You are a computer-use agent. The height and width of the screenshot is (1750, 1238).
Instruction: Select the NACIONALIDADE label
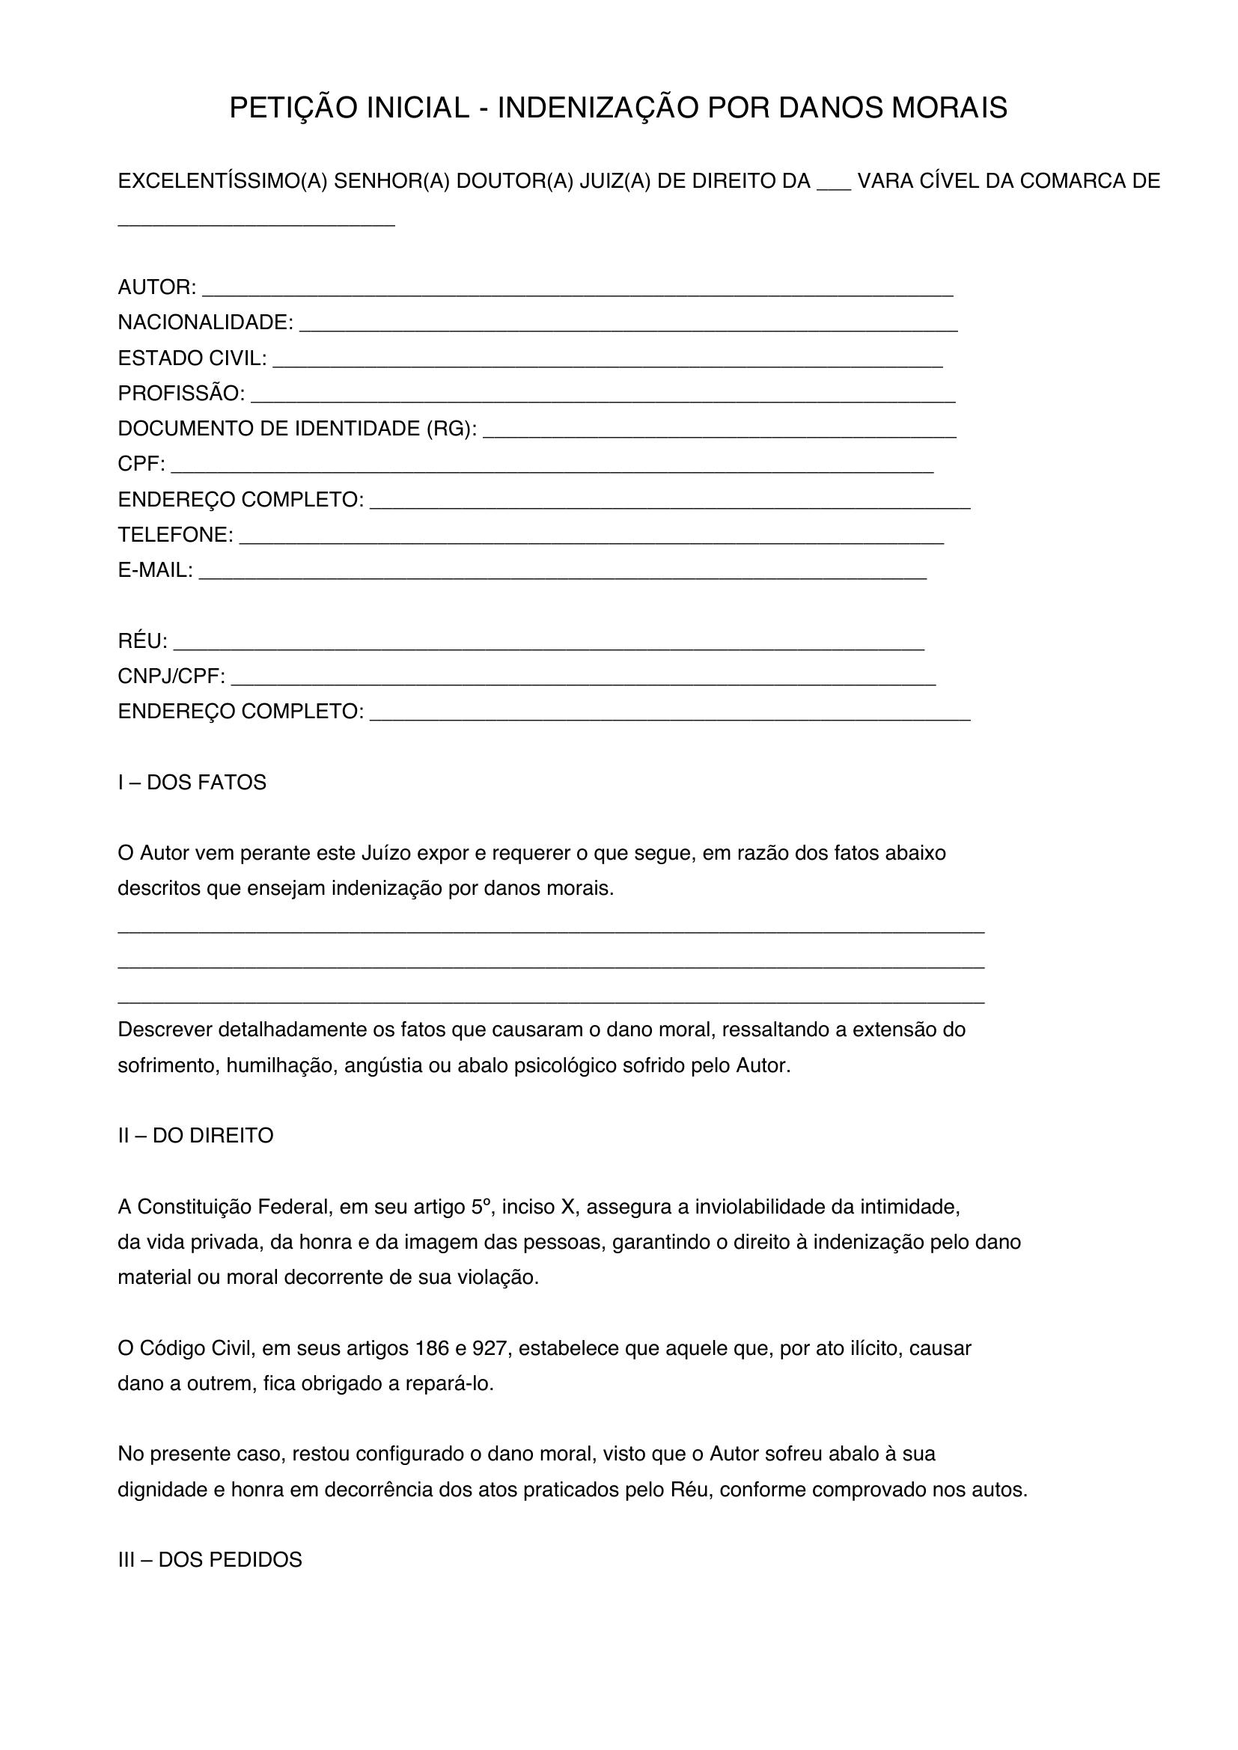[205, 322]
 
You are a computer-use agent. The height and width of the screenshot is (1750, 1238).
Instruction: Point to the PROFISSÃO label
[180, 394]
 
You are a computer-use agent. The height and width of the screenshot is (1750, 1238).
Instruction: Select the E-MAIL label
[155, 570]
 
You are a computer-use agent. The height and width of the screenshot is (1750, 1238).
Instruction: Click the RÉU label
[141, 641]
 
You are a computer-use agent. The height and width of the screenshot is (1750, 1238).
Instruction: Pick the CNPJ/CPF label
[171, 676]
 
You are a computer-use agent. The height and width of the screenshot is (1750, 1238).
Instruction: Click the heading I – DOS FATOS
[192, 783]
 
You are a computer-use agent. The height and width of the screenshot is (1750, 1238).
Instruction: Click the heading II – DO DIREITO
[195, 1136]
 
